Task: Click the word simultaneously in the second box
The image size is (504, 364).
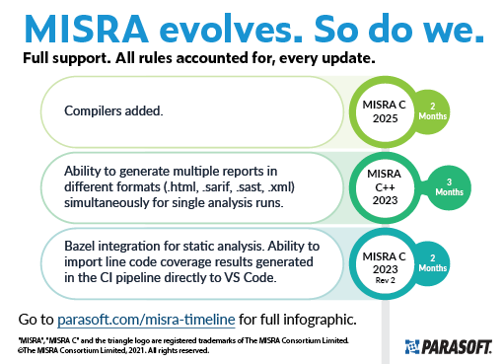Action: tap(102, 202)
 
